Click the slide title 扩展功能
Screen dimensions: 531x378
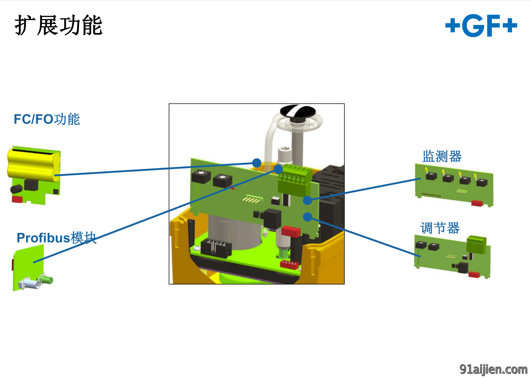pyautogui.click(x=58, y=25)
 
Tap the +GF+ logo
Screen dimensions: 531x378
pyautogui.click(x=481, y=25)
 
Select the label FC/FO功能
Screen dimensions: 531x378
pyautogui.click(x=47, y=119)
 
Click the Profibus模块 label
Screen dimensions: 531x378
pyautogui.click(x=56, y=238)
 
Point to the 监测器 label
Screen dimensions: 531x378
pyautogui.click(x=442, y=156)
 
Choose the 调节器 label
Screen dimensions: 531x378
pyautogui.click(x=440, y=228)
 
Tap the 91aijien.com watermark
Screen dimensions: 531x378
pyautogui.click(x=493, y=369)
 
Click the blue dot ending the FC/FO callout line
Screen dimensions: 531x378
pyautogui.click(x=256, y=163)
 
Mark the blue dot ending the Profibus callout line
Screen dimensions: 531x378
pyautogui.click(x=278, y=169)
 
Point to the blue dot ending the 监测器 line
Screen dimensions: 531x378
pyautogui.click(x=307, y=200)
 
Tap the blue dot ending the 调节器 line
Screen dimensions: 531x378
pyautogui.click(x=307, y=217)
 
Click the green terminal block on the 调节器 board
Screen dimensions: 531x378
pyautogui.click(x=476, y=244)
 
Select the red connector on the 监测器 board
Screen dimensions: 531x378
pyautogui.click(x=477, y=203)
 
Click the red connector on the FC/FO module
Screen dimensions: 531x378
pyautogui.click(x=17, y=199)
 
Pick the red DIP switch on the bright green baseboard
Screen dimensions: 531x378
pyautogui.click(x=289, y=264)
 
